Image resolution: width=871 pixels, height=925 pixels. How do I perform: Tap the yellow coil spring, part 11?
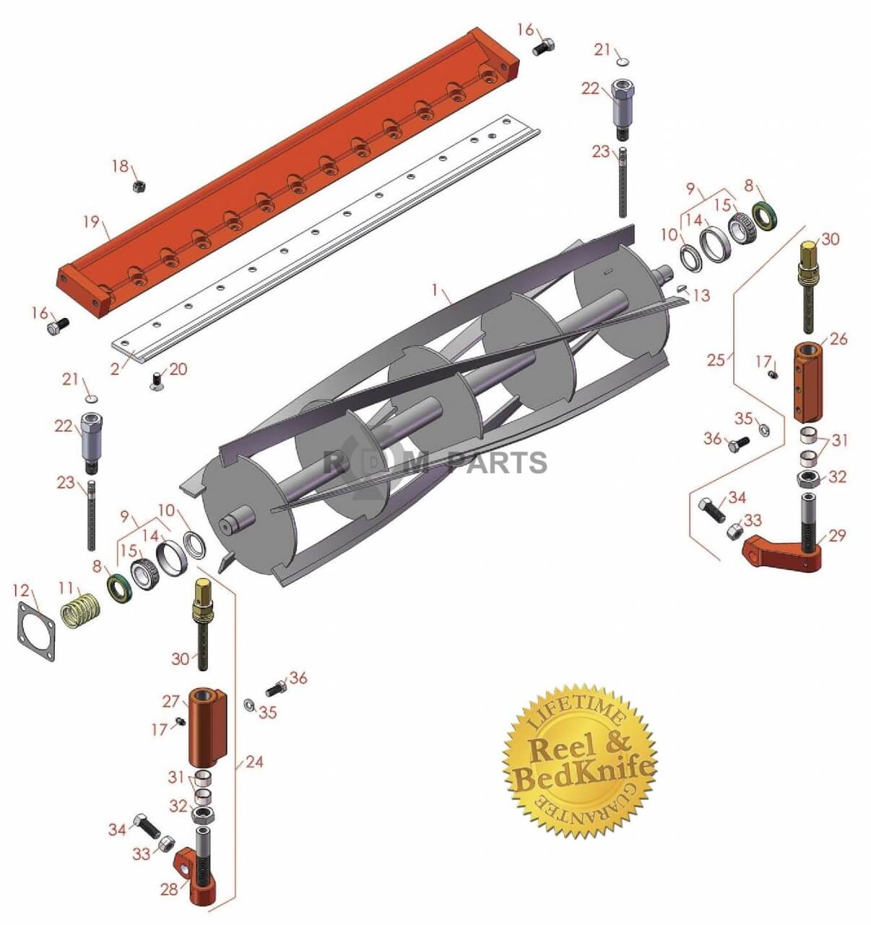[79, 610]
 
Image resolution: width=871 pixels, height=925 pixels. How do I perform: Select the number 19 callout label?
[91, 222]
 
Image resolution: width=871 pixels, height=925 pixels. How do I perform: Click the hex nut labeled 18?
[138, 186]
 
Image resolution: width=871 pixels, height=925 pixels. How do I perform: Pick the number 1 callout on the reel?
[435, 291]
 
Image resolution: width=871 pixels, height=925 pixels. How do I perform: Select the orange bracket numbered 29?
[783, 553]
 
